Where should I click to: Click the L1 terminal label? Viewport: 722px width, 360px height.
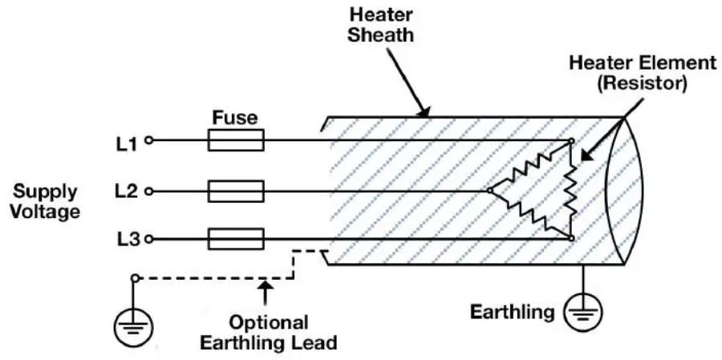click(x=126, y=144)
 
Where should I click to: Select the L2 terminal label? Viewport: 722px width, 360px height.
click(x=126, y=192)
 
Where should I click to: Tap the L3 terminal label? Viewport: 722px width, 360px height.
click(x=126, y=239)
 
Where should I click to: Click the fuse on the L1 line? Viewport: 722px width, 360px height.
click(x=235, y=143)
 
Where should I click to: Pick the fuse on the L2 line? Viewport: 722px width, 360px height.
click(x=235, y=191)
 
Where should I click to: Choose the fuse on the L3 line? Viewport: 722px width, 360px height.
click(x=235, y=239)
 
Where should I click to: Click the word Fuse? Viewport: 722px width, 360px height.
click(x=235, y=118)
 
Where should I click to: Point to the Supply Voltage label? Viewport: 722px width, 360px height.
click(x=47, y=201)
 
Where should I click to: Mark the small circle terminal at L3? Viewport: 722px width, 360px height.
click(x=148, y=239)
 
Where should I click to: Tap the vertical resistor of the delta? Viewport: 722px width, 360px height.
click(x=570, y=190)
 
